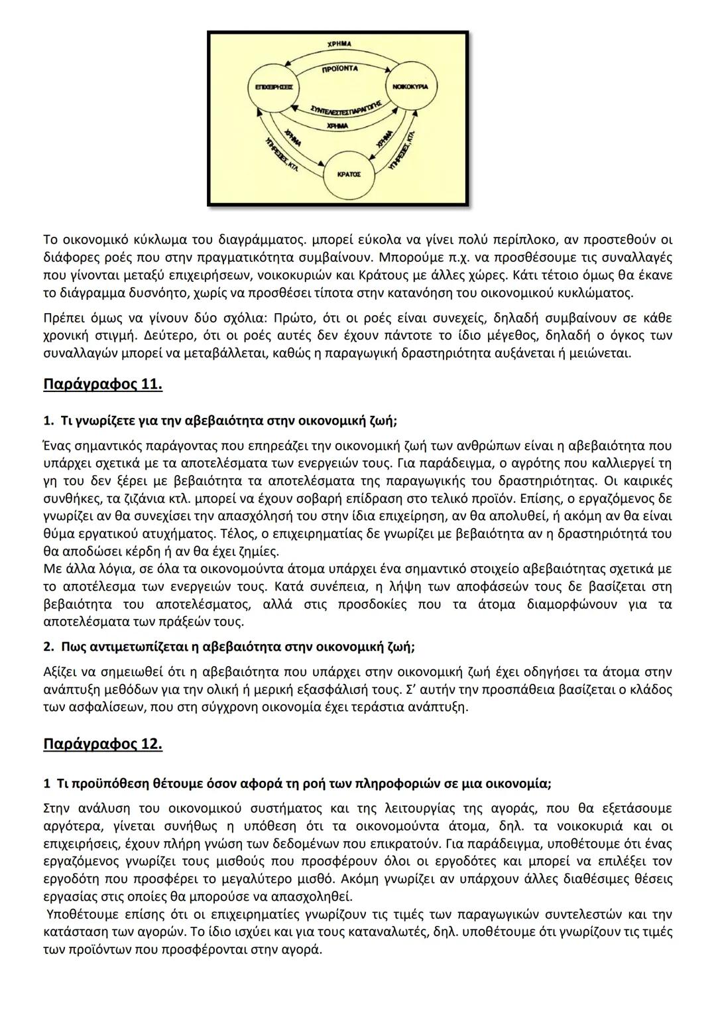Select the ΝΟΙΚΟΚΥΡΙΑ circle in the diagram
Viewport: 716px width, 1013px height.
pos(410,87)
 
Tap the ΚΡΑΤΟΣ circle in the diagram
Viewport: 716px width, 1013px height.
pos(349,174)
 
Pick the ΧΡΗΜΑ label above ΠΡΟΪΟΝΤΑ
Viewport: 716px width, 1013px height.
pos(339,43)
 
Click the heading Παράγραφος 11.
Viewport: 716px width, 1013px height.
pos(103,384)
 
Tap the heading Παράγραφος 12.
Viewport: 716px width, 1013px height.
pos(103,744)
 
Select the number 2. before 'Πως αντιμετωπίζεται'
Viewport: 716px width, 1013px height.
pos(48,646)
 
